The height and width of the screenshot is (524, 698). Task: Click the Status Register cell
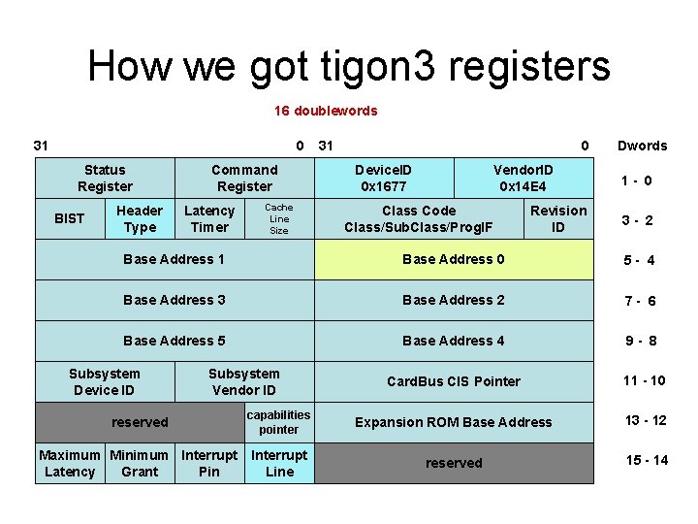click(x=105, y=178)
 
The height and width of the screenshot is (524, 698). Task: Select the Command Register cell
click(x=244, y=178)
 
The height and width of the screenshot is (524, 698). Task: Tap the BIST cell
click(x=69, y=218)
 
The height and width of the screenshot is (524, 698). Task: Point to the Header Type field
click(x=140, y=218)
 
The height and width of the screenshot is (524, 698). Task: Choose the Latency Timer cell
click(x=209, y=218)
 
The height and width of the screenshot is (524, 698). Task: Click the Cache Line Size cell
click(x=279, y=218)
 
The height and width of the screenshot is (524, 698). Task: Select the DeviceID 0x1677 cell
click(x=383, y=178)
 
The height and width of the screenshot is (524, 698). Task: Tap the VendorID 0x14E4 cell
click(x=523, y=178)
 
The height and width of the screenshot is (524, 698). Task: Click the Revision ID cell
click(x=558, y=218)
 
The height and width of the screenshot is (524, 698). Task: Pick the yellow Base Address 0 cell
click(x=453, y=259)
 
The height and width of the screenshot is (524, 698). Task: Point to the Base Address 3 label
click(x=174, y=300)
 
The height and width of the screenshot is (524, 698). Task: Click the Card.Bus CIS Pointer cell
click(x=453, y=381)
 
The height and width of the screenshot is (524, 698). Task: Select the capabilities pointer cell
click(x=279, y=422)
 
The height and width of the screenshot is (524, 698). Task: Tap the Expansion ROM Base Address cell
click(x=453, y=422)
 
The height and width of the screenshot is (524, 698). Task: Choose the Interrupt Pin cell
click(x=209, y=463)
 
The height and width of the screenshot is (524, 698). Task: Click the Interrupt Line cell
click(x=279, y=463)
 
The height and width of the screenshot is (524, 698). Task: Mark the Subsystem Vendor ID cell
click(x=244, y=381)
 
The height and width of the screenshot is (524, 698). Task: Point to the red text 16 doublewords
click(x=326, y=111)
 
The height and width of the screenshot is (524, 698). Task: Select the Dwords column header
click(x=643, y=146)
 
